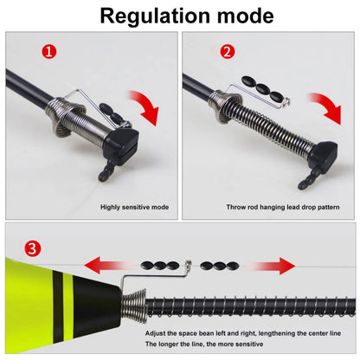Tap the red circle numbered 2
coord(227,52)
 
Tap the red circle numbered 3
coord(31,250)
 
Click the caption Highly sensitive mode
coord(134,207)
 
